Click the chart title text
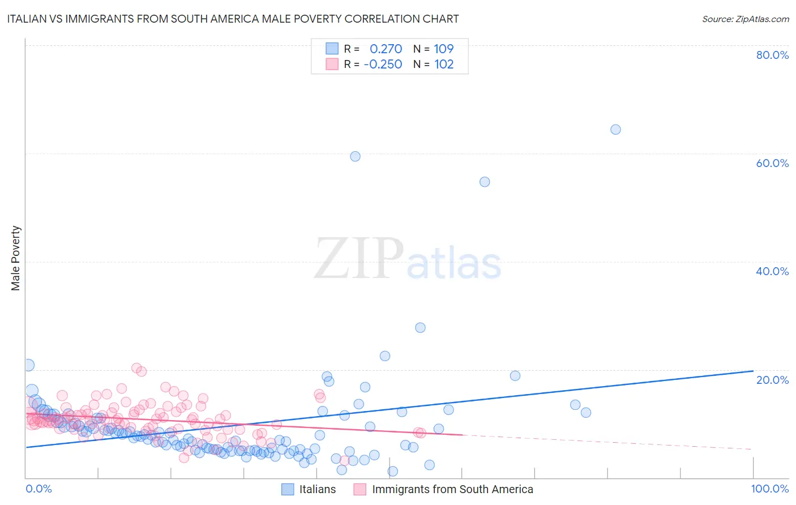[x=233, y=19]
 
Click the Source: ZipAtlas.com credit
[x=745, y=19]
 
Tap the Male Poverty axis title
[x=16, y=258]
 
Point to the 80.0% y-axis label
[x=772, y=55]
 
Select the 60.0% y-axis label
[x=772, y=163]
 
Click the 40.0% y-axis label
[x=772, y=271]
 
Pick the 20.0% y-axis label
[x=772, y=380]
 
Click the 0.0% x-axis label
[x=39, y=489]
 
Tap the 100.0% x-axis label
[x=769, y=489]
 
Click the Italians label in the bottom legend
[x=317, y=489]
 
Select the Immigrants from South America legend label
[x=452, y=489]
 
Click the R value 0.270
[x=386, y=49]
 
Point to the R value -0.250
[x=383, y=64]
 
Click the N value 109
[x=444, y=49]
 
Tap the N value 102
[x=444, y=64]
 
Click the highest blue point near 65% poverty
[x=615, y=130]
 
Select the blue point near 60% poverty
[x=355, y=156]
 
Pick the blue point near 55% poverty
[x=485, y=182]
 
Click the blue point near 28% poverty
[x=420, y=328]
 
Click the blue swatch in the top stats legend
[x=332, y=49]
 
